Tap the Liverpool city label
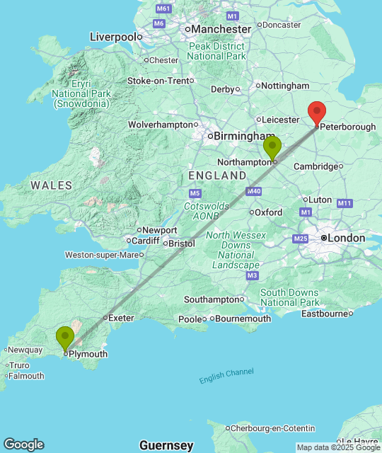(112, 36)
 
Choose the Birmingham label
(244, 136)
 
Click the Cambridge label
(315, 166)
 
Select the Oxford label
(269, 212)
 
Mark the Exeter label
(121, 318)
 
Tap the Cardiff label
(146, 241)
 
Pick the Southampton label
(212, 299)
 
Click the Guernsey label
(166, 445)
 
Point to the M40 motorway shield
(255, 191)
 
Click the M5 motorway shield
(195, 193)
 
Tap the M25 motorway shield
(301, 239)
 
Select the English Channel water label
(226, 376)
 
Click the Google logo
(23, 445)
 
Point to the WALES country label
(51, 185)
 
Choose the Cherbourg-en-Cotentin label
(270, 428)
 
